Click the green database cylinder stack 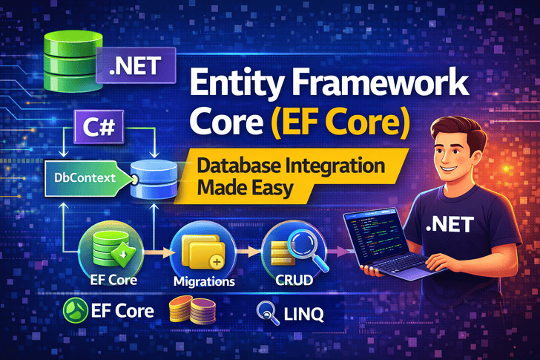[73, 62]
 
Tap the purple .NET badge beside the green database [136, 65]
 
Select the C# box [99, 127]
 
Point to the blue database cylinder [154, 179]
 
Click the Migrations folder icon [203, 251]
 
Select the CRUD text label [294, 280]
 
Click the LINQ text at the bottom [304, 314]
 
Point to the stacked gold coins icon [193, 310]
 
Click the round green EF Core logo [76, 310]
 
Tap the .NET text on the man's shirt [450, 225]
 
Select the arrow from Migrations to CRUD [248, 252]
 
